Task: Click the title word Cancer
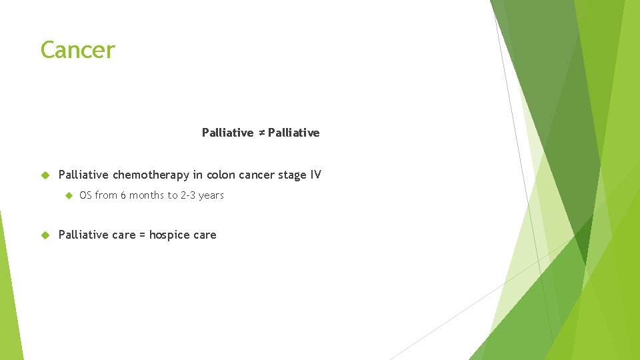[x=77, y=50]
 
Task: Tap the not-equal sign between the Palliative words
[x=261, y=133]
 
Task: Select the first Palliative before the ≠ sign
[x=227, y=133]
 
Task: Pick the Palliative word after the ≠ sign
[x=294, y=133]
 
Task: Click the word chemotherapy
[x=151, y=175]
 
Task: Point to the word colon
[x=220, y=175]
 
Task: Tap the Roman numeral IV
[x=315, y=175]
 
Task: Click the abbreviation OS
[x=85, y=195]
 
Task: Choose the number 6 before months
[x=123, y=195]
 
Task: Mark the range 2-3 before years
[x=189, y=195]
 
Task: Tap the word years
[x=212, y=195]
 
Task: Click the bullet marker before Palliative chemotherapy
[x=45, y=175]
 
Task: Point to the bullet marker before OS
[x=67, y=195]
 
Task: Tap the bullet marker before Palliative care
[x=45, y=235]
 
